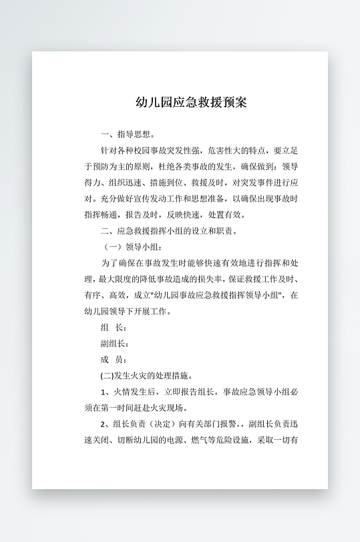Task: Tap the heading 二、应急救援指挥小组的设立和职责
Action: point(168,232)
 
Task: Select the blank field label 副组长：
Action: point(114,344)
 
